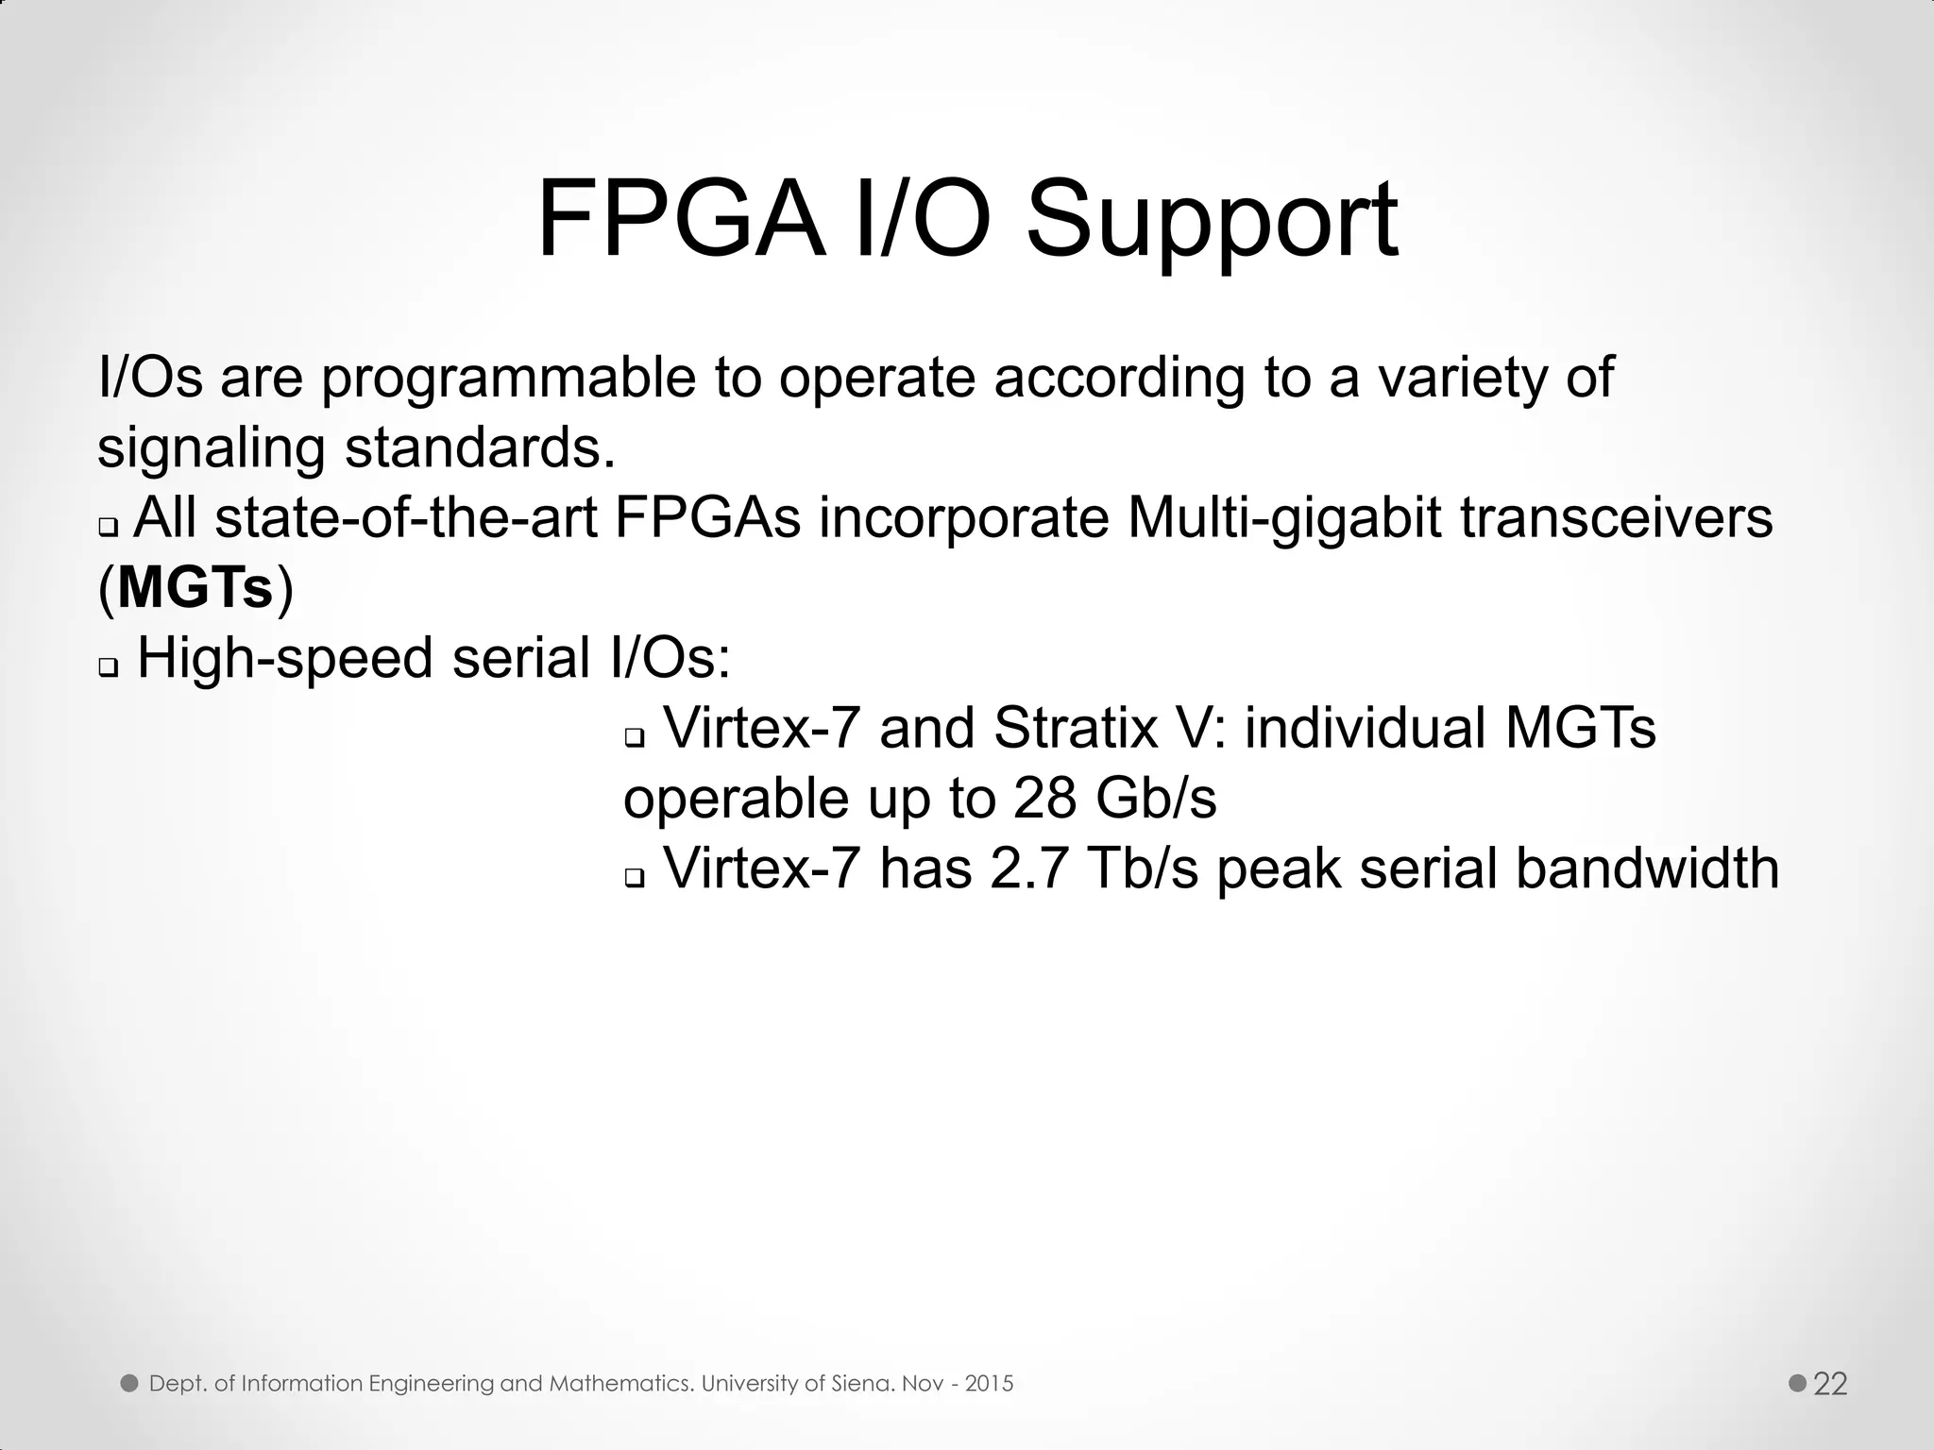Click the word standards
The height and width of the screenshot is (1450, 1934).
480,447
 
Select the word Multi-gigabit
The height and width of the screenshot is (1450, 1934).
1284,519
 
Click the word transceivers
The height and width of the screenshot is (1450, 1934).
1617,518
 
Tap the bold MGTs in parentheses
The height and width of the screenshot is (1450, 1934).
195,588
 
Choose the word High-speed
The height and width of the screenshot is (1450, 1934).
285,658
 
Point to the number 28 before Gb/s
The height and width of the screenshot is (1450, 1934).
1044,798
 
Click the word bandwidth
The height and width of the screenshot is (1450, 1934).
1647,868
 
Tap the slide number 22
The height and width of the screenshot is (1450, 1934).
1831,1384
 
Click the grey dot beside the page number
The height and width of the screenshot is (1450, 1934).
1798,1383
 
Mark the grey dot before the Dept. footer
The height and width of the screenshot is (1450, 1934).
129,1383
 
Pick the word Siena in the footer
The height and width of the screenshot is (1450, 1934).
863,1384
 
